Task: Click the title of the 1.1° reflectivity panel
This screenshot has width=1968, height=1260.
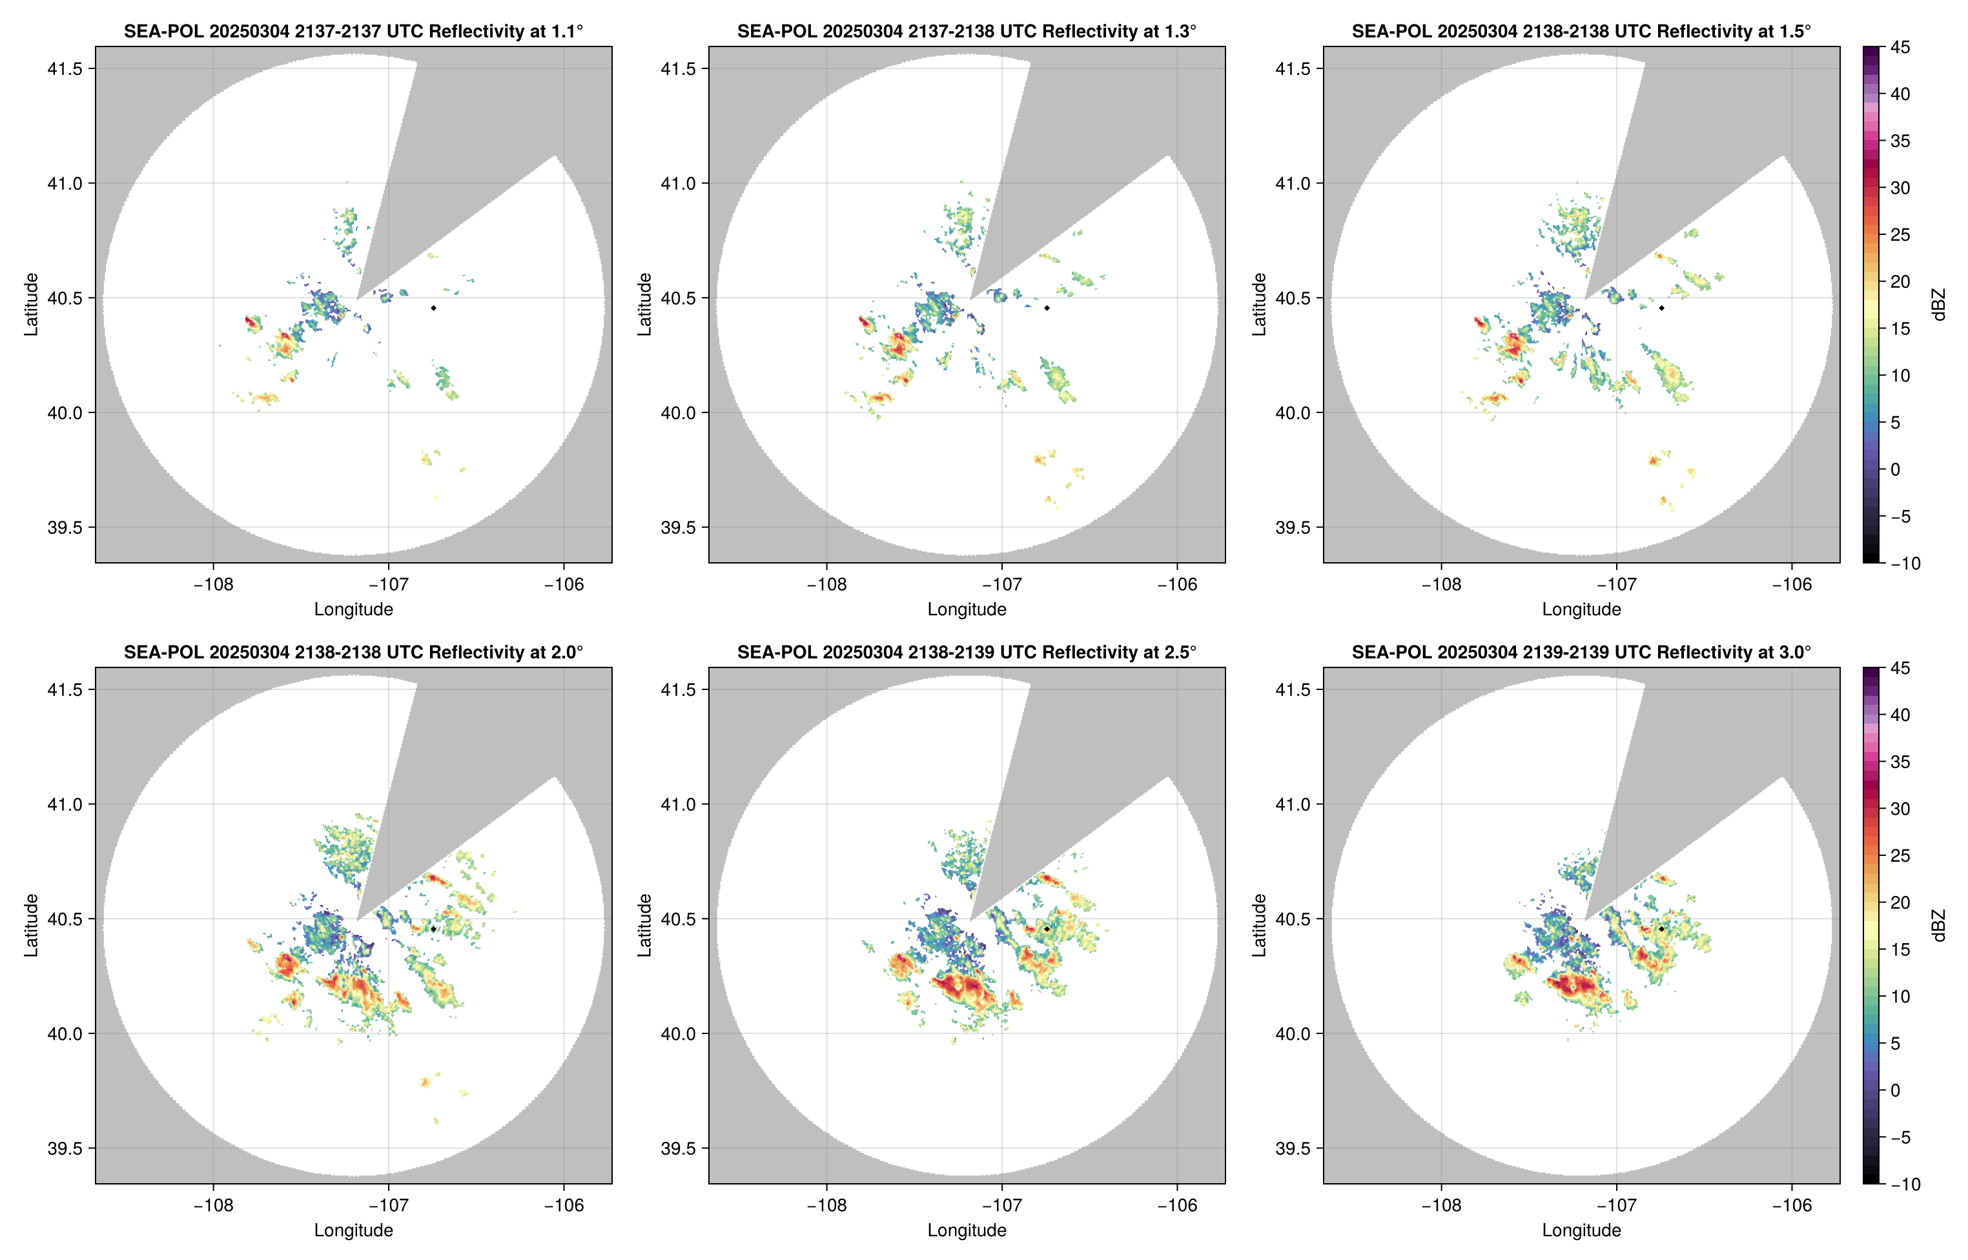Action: [353, 31]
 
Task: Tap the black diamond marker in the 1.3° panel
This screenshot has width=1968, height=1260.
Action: [1047, 309]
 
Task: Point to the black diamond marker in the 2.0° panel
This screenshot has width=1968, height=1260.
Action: [433, 930]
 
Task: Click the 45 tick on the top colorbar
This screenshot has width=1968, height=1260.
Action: [1900, 48]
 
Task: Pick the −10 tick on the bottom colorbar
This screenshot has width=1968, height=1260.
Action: [1905, 1184]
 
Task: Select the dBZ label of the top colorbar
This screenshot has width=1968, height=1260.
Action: [1938, 305]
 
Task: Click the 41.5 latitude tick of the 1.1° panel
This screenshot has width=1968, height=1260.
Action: [65, 68]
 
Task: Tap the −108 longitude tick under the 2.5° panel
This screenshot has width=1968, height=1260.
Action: [826, 1205]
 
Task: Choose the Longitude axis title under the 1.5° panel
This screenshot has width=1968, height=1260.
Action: [1581, 609]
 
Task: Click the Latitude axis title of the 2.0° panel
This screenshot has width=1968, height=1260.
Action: [31, 926]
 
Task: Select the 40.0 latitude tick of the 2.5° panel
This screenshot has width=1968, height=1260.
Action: [679, 1034]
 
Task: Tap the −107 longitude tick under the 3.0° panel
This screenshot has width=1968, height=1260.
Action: [1616, 1205]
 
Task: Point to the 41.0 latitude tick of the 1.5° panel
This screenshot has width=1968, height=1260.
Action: [1293, 184]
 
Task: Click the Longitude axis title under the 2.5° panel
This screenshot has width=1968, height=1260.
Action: [967, 1230]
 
